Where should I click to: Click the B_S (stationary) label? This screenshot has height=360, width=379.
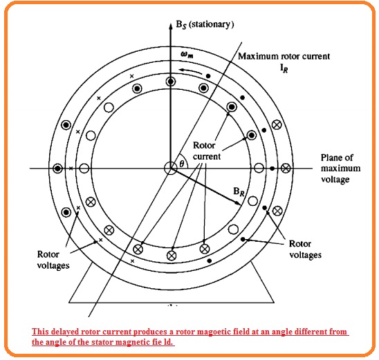pyautogui.click(x=205, y=25)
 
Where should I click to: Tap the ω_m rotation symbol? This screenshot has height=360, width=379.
pyautogui.click(x=187, y=55)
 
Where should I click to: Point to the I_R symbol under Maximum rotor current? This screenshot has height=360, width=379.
pyautogui.click(x=284, y=68)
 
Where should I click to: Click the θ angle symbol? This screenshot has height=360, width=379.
pyautogui.click(x=182, y=164)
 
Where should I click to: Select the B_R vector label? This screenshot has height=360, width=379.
pyautogui.click(x=239, y=191)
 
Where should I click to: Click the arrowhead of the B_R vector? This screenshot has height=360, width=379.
pyautogui.click(x=239, y=203)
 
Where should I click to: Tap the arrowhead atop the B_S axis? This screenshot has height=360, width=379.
pyautogui.click(x=171, y=26)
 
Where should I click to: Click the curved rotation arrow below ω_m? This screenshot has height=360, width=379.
pyautogui.click(x=191, y=70)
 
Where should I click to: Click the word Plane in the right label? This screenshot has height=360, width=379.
pyautogui.click(x=330, y=158)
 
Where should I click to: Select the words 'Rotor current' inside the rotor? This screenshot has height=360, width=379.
pyautogui.click(x=207, y=151)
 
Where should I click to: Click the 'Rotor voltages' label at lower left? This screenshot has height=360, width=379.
pyautogui.click(x=53, y=260)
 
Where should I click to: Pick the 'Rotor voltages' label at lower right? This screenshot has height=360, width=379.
pyautogui.click(x=305, y=249)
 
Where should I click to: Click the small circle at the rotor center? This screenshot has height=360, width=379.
pyautogui.click(x=171, y=169)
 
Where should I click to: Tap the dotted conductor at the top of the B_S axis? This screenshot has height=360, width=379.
pyautogui.click(x=171, y=82)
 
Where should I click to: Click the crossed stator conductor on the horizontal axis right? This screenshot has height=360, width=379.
pyautogui.click(x=286, y=169)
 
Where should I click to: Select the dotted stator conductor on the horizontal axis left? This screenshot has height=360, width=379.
pyautogui.click(x=57, y=169)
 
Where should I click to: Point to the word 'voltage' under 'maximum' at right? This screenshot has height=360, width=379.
pyautogui.click(x=335, y=180)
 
